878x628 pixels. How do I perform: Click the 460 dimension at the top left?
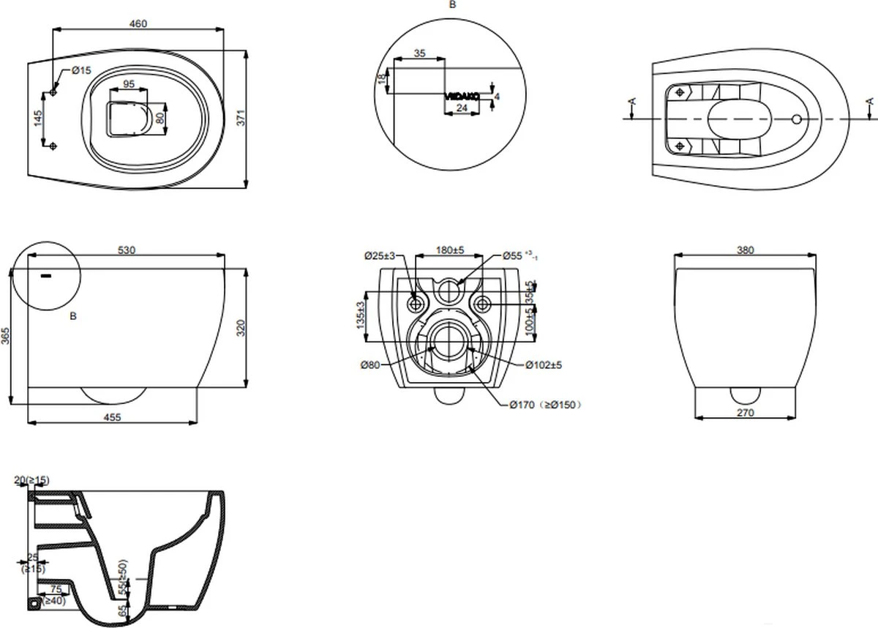(x=138, y=23)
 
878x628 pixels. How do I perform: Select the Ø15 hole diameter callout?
(x=81, y=70)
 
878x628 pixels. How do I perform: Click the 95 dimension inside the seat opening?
(x=128, y=84)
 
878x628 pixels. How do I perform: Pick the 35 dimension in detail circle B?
(x=419, y=53)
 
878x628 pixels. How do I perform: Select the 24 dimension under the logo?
(x=462, y=108)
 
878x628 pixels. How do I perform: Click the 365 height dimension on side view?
(x=6, y=336)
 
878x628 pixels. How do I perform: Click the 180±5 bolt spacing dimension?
(x=451, y=250)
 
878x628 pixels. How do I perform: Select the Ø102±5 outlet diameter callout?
(x=542, y=365)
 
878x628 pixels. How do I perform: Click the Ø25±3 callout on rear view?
(x=380, y=255)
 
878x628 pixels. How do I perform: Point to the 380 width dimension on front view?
(x=745, y=250)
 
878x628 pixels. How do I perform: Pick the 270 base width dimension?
(x=745, y=413)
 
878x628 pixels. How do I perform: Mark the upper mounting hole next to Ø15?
(x=54, y=93)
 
